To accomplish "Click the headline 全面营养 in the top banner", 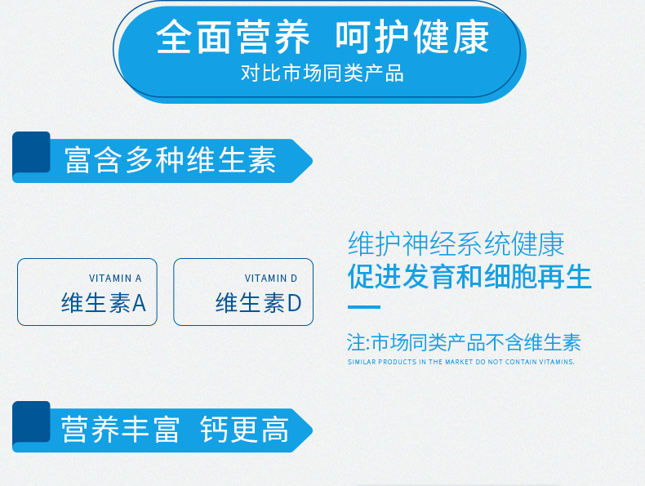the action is [x=233, y=37].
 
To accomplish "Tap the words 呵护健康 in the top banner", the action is [x=411, y=37].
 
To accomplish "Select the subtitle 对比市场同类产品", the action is [x=322, y=74].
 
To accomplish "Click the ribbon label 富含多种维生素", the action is [x=170, y=159].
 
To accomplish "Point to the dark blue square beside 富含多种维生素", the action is [x=31, y=152].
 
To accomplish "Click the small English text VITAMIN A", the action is [x=115, y=279].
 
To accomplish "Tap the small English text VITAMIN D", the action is [x=271, y=279].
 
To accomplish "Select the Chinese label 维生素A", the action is [x=104, y=302].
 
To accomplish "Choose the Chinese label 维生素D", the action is [x=258, y=302].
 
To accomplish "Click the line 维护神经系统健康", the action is [x=456, y=244].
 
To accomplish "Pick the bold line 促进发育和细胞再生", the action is [x=469, y=277].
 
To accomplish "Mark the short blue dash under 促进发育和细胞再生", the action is [x=364, y=307].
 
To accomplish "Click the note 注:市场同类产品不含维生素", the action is [x=464, y=342].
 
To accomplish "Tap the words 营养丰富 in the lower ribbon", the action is [x=120, y=429].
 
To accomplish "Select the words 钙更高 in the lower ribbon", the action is [x=244, y=429].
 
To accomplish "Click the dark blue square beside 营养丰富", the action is [x=31, y=421].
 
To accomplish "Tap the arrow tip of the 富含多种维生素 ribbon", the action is [x=312, y=161].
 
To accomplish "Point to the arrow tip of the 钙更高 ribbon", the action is [x=312, y=430].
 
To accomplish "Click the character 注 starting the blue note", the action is [x=356, y=342].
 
